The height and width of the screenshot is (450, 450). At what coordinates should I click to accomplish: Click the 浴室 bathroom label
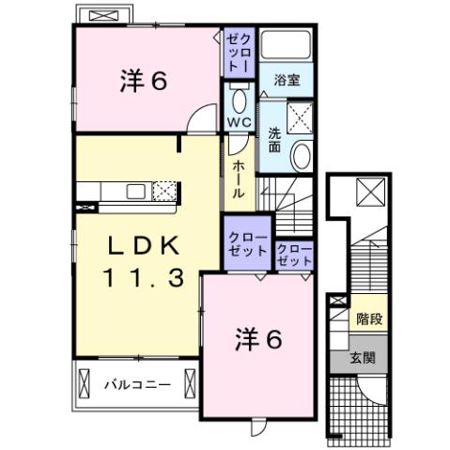287,81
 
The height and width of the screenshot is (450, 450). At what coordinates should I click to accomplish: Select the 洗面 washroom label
274,139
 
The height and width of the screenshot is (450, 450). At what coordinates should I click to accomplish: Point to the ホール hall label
238,176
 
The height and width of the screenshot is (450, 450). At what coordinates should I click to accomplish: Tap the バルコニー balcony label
137,384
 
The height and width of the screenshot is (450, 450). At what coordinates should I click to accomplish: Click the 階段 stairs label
368,319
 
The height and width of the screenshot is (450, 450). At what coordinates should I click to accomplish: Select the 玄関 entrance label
364,358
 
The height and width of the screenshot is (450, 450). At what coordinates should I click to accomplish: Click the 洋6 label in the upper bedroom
143,82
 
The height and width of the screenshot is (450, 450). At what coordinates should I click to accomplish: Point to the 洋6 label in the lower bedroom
257,340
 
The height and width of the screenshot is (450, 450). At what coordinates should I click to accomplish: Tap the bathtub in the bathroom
287,46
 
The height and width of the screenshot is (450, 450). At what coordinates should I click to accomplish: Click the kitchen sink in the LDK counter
134,192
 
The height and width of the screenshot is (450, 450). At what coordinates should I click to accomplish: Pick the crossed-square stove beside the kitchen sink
164,191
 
